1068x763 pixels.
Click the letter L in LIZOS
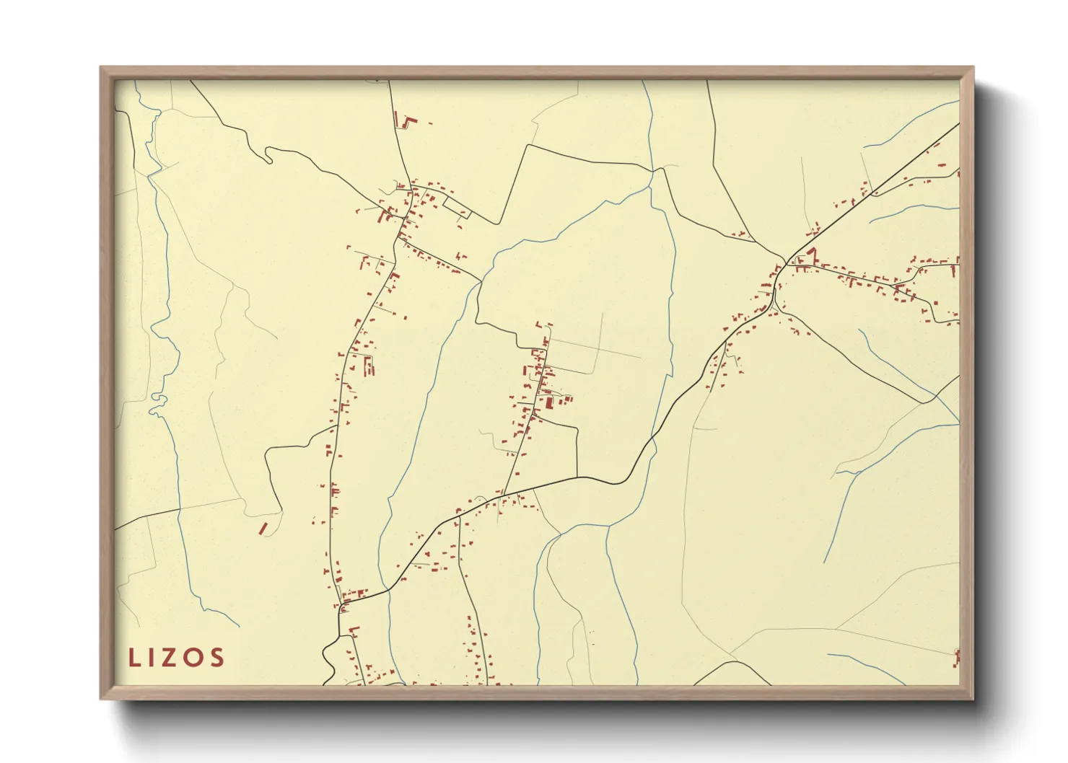click(133, 657)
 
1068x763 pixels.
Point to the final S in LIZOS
click(216, 657)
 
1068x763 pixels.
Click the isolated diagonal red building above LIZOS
click(263, 529)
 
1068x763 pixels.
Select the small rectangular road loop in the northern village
click(457, 208)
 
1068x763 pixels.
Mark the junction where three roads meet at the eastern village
click(786, 260)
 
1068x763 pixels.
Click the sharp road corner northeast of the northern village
click(528, 145)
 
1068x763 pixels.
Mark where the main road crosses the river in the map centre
click(652, 438)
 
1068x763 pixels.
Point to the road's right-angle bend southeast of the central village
click(577, 430)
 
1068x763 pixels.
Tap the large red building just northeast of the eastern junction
click(812, 253)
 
